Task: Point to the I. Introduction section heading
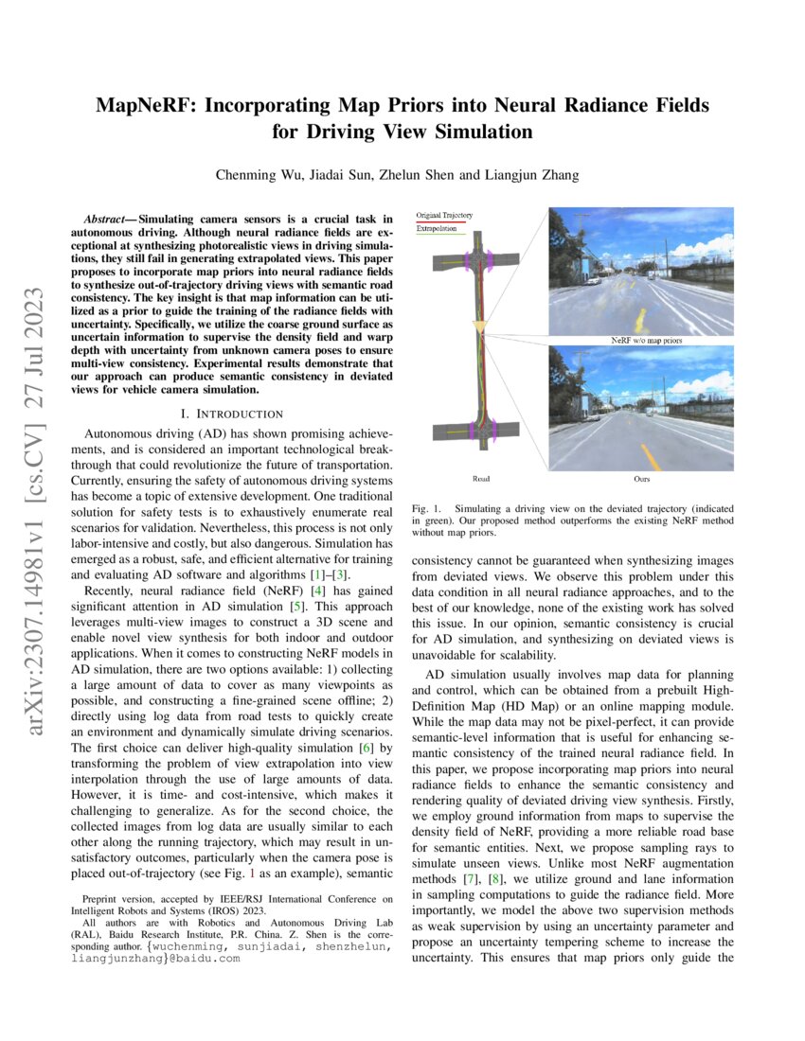(x=231, y=413)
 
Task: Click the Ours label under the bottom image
(x=641, y=479)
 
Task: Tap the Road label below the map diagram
(x=481, y=479)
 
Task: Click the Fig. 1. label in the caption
(x=428, y=508)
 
